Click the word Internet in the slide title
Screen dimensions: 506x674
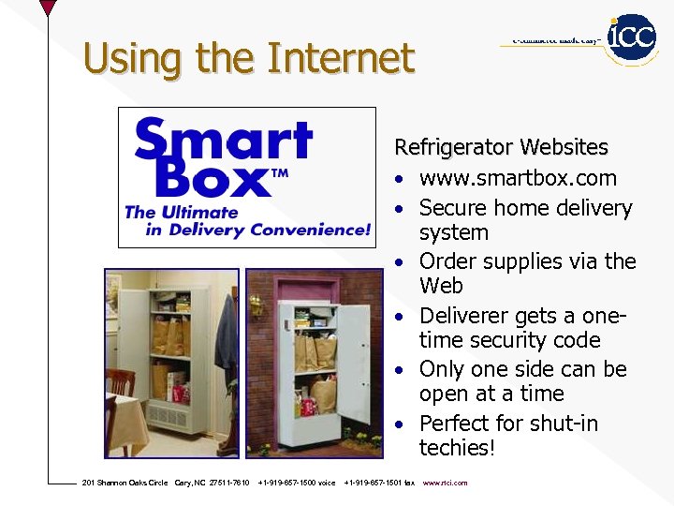[340, 58]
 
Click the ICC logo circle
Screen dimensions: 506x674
[632, 37]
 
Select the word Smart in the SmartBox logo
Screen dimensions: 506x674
[223, 141]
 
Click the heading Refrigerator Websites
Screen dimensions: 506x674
[501, 148]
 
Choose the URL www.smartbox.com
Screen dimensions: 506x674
[518, 178]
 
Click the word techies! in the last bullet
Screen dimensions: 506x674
[456, 448]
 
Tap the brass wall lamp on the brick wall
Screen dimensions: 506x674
[256, 305]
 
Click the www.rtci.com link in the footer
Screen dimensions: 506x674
[445, 483]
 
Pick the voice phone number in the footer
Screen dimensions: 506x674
[297, 483]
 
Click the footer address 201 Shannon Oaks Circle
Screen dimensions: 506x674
[125, 483]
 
